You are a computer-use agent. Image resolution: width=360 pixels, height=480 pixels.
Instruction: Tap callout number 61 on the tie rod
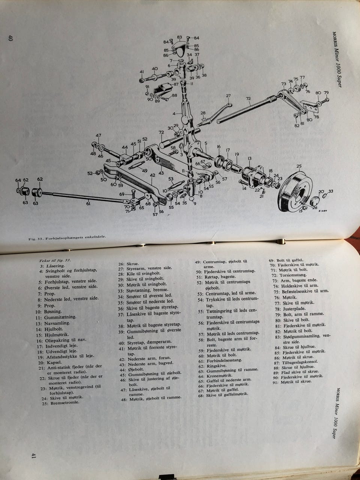(88, 204)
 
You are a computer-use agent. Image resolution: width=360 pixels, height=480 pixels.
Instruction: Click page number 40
(10, 38)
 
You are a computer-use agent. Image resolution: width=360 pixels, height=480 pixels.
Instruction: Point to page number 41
(33, 456)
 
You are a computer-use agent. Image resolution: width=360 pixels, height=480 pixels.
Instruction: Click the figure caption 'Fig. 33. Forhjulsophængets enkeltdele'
(67, 237)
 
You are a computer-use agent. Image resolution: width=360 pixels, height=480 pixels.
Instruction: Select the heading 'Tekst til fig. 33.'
(55, 260)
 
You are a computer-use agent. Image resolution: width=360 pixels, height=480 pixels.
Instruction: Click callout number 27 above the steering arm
(228, 96)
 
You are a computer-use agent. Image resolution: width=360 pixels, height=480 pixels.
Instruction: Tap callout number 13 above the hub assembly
(249, 159)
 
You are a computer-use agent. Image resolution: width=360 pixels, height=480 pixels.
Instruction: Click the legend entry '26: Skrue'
(129, 264)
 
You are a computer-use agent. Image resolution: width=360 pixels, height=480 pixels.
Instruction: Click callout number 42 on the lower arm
(152, 175)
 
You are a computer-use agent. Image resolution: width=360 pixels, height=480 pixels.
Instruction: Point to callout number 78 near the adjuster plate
(316, 117)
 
